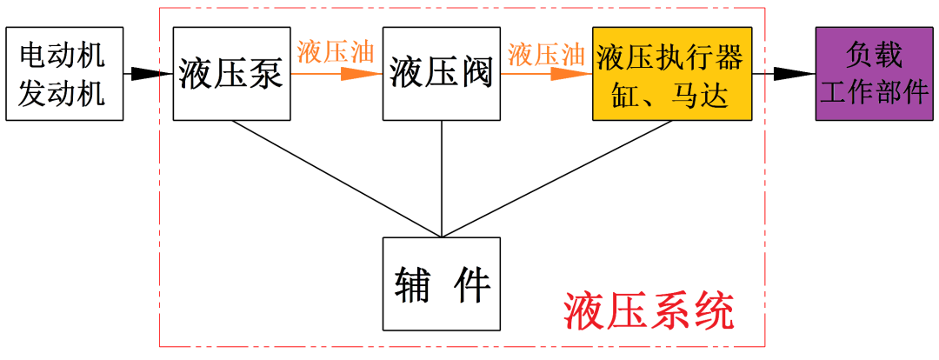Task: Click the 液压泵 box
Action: pos(231,74)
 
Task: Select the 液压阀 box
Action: pos(442,74)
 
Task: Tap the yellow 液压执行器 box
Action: pos(671,74)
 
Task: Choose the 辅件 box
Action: pos(442,283)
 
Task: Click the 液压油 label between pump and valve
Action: pos(336,52)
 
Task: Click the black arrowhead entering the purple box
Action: pos(802,74)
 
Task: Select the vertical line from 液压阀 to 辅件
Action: pos(443,178)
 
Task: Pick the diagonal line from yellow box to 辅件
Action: pos(556,178)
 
